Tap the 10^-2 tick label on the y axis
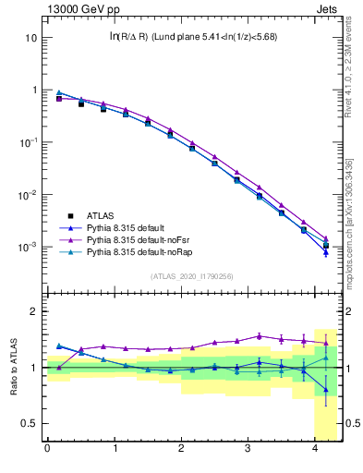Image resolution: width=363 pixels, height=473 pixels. point(28,195)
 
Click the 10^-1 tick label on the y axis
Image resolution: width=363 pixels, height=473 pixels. point(28,142)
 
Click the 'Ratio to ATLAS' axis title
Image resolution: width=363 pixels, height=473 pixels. point(13,368)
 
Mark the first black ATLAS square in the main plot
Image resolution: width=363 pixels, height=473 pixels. point(59,98)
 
